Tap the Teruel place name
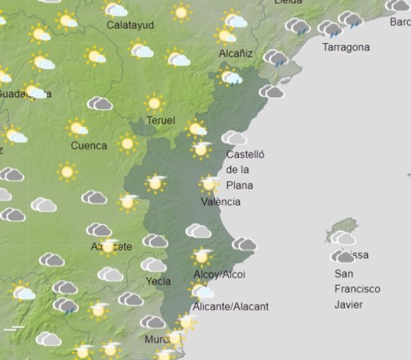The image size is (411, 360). pos(161,120)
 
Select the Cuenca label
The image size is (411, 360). pos(89,145)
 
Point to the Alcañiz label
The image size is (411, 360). pos(236,53)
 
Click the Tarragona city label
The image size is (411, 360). pos(346,47)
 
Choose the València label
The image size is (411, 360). pos(221,201)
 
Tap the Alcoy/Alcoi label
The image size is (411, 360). pos(219,274)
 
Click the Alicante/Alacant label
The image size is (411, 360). pos(231,306)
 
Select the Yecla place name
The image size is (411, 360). pos(158,281)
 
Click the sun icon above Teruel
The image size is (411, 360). pos(153,102)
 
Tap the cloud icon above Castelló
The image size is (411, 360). pos(234,138)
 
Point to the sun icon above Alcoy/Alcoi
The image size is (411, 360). pos(202,256)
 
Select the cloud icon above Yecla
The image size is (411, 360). pos(153,265)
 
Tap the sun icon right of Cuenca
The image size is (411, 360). pos(127,143)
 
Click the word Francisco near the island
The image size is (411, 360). pos(357,289)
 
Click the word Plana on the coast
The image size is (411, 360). pos(240,185)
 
